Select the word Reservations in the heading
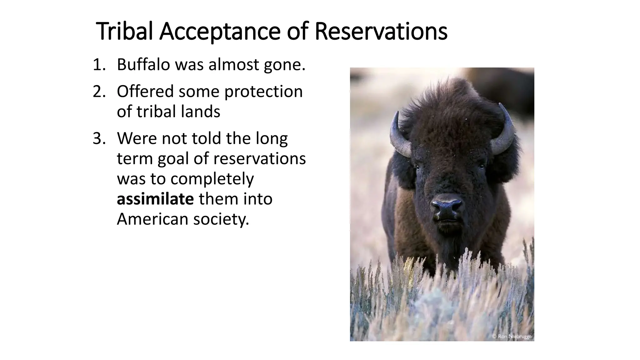point(381,31)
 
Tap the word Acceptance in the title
point(219,31)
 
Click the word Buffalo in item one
point(143,65)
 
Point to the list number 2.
point(99,92)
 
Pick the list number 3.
point(99,138)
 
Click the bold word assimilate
point(155,199)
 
